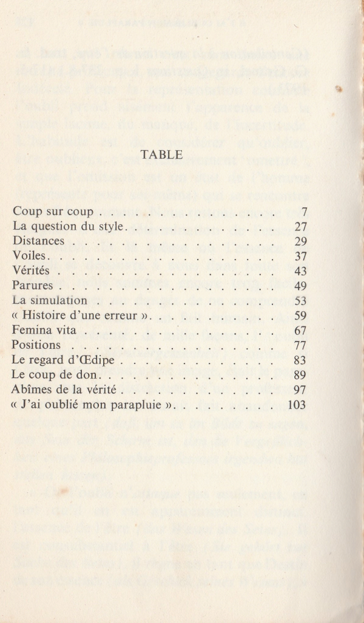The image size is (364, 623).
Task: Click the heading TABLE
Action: [161, 155]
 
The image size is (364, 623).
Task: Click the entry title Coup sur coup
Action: [53, 212]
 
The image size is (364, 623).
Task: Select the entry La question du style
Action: [69, 227]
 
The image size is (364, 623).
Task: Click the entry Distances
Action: [38, 241]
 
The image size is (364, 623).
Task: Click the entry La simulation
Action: [50, 300]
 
